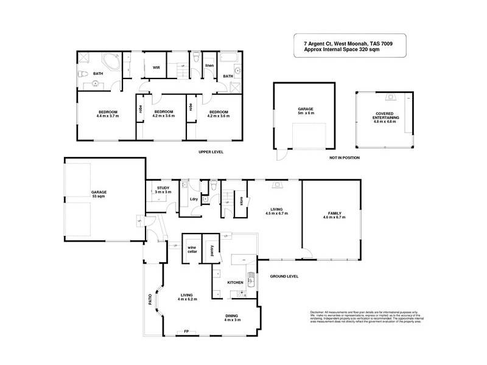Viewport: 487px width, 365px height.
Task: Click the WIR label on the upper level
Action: point(156,68)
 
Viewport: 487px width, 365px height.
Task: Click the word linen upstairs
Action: point(209,65)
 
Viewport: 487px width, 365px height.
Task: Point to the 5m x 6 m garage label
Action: point(305,111)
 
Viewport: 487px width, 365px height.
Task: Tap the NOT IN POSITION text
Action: point(345,158)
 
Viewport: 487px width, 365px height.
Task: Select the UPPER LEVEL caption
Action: point(212,152)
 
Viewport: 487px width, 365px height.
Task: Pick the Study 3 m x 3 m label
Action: point(163,190)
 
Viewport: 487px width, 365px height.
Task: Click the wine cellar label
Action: point(191,249)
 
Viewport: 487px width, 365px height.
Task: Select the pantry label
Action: point(211,251)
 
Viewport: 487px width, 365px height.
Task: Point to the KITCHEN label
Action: point(236,283)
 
